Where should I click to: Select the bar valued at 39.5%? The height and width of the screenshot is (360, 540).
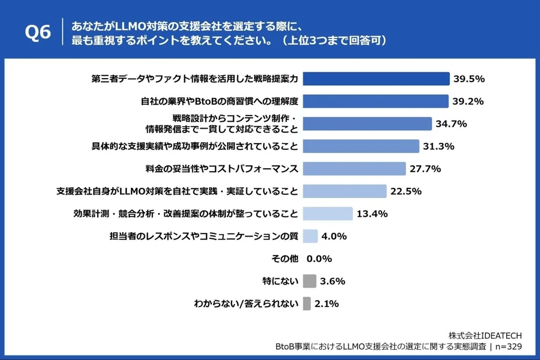[x=376, y=79]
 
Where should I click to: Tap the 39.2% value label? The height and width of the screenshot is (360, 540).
[x=468, y=102]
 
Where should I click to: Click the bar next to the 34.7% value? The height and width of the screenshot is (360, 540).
[x=367, y=124]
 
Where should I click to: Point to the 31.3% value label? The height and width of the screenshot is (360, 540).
[x=438, y=146]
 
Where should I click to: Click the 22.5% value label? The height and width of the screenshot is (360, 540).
[x=406, y=191]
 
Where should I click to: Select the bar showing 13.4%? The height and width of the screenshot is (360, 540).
[x=327, y=214]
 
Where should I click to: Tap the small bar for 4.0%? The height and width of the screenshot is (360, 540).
[x=310, y=236]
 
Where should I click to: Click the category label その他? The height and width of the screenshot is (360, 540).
[x=284, y=259]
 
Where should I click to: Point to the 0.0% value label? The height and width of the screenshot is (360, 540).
[x=319, y=259]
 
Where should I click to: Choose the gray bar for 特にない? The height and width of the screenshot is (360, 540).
[x=310, y=281]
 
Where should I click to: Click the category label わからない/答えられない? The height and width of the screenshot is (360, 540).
[x=246, y=304]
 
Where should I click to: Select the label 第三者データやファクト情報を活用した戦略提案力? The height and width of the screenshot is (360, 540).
[x=194, y=79]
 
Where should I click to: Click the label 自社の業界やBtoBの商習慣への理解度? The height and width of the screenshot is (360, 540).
[x=219, y=102]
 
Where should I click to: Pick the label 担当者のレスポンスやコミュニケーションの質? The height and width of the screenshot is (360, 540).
[x=203, y=236]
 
